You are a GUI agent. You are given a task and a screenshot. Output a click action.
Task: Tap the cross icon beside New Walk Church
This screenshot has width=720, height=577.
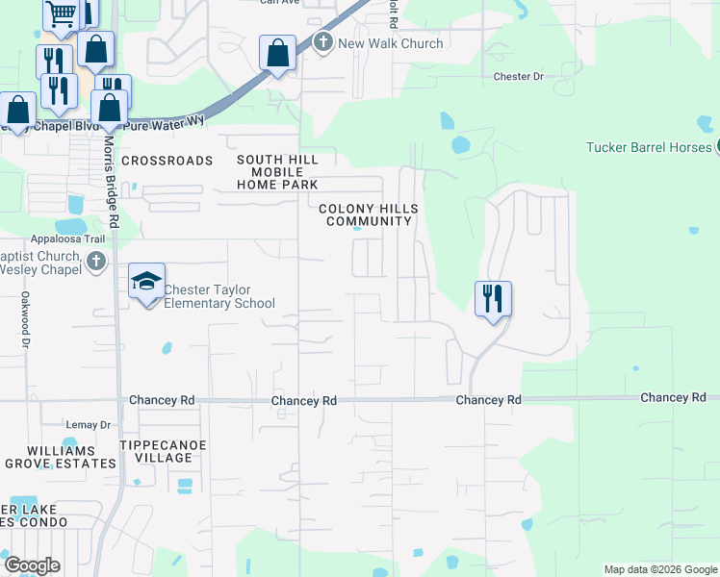[x=322, y=42]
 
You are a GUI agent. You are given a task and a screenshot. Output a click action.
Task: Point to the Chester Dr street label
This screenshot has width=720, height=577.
[x=518, y=76]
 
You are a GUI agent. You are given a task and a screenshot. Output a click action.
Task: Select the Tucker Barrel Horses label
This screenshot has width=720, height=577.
[x=649, y=147]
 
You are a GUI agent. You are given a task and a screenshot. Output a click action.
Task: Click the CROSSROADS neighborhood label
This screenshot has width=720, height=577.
[x=167, y=161]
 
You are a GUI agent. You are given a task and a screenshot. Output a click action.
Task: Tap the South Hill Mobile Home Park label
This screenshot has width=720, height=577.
[x=277, y=172]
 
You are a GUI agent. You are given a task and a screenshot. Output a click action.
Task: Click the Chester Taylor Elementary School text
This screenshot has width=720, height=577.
[x=219, y=296]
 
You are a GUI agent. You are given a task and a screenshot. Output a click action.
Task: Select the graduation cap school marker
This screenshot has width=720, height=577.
[x=146, y=281]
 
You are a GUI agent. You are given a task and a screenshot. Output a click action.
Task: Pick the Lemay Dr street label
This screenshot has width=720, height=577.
[x=89, y=424]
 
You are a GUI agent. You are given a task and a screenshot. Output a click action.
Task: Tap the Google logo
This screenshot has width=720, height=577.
[x=31, y=565]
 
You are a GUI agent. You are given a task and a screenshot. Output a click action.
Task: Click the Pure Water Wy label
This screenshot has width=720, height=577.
[x=166, y=120]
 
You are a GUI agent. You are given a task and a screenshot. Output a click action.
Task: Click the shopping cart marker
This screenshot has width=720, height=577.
[x=63, y=14]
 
